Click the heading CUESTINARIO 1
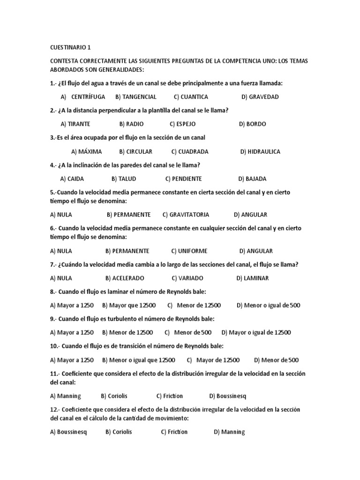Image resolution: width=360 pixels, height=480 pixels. [x=70, y=47]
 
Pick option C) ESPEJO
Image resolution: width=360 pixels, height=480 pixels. [x=182, y=124]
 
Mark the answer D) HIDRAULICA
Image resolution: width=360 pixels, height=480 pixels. [x=260, y=152]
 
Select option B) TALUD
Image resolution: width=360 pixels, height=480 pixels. [x=124, y=179]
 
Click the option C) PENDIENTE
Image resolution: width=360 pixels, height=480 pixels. [x=183, y=179]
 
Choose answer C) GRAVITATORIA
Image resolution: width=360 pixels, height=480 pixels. [x=186, y=215]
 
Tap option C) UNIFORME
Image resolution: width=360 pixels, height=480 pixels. [x=189, y=251]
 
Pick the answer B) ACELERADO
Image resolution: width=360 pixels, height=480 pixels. [x=125, y=278]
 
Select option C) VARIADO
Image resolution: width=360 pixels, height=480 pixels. [x=187, y=278]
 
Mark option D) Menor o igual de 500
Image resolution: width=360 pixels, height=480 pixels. [x=268, y=306]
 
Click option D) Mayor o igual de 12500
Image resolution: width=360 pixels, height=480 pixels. [x=256, y=333]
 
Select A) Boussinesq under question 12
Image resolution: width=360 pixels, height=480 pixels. [x=68, y=432]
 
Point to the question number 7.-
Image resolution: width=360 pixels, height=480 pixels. [x=53, y=265]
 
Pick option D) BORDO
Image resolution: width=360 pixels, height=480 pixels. [x=252, y=124]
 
